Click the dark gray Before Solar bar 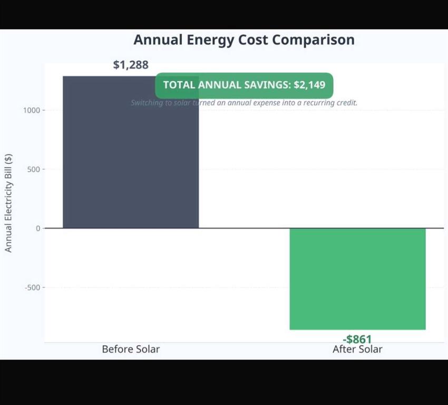click(131, 158)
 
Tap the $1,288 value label click(131, 65)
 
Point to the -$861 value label click(357, 339)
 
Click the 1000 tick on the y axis click(31, 110)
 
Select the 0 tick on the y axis click(38, 228)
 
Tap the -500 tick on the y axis click(32, 287)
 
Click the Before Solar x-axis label click(131, 349)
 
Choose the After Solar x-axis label click(357, 349)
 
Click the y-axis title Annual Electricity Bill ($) click(8, 203)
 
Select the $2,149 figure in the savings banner click(309, 85)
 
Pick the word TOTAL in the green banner click(179, 85)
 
